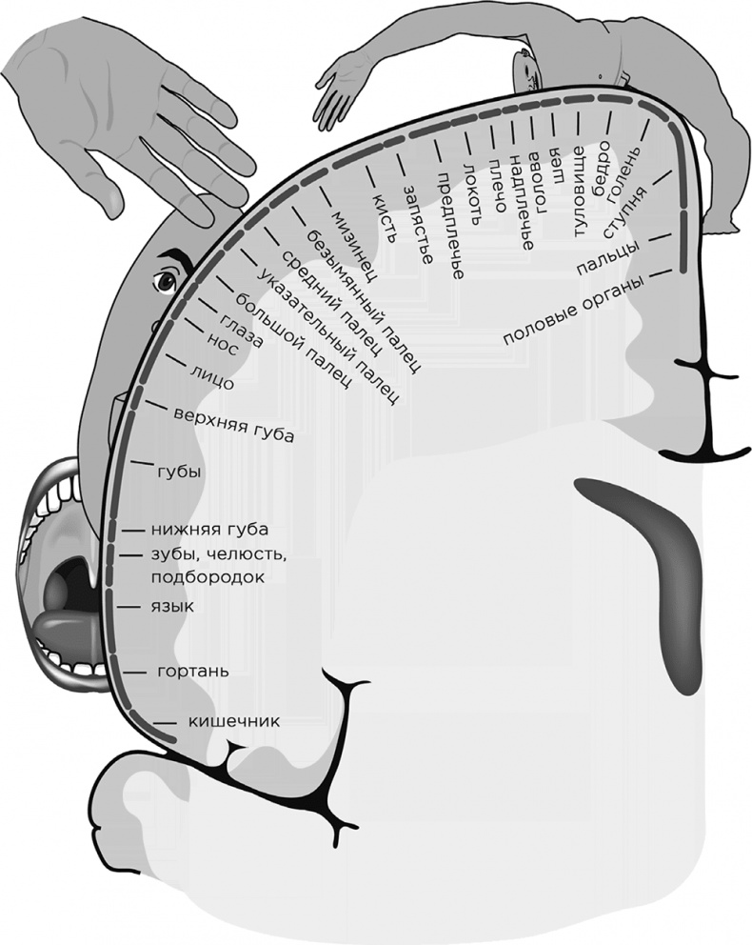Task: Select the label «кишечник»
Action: point(233,721)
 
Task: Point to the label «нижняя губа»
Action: point(208,530)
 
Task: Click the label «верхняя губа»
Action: point(234,424)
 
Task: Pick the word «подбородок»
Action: point(206,577)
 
